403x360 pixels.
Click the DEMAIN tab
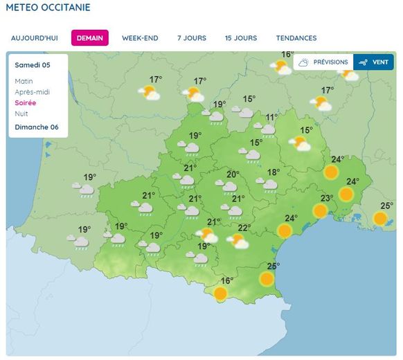click(90, 38)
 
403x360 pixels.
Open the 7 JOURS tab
click(191, 38)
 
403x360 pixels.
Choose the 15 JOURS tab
click(240, 38)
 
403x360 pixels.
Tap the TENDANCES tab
click(296, 38)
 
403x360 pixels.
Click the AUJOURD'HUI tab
click(34, 38)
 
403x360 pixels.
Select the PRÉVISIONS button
click(323, 62)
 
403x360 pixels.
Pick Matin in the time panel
click(24, 81)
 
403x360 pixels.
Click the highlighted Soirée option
click(26, 102)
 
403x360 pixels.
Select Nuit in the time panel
click(21, 113)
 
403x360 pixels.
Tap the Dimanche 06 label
click(37, 127)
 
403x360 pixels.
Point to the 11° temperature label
click(271, 117)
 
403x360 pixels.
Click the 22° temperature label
click(244, 228)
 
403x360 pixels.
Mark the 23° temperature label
click(326, 197)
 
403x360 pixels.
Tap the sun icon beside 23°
click(320, 210)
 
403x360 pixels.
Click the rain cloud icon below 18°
click(269, 185)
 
